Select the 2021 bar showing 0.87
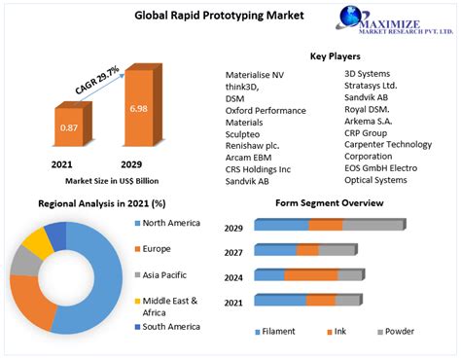(68, 129)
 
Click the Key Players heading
(336, 55)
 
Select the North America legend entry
(171, 223)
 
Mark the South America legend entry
(169, 326)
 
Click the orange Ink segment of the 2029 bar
(326, 226)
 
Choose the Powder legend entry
(395, 332)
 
